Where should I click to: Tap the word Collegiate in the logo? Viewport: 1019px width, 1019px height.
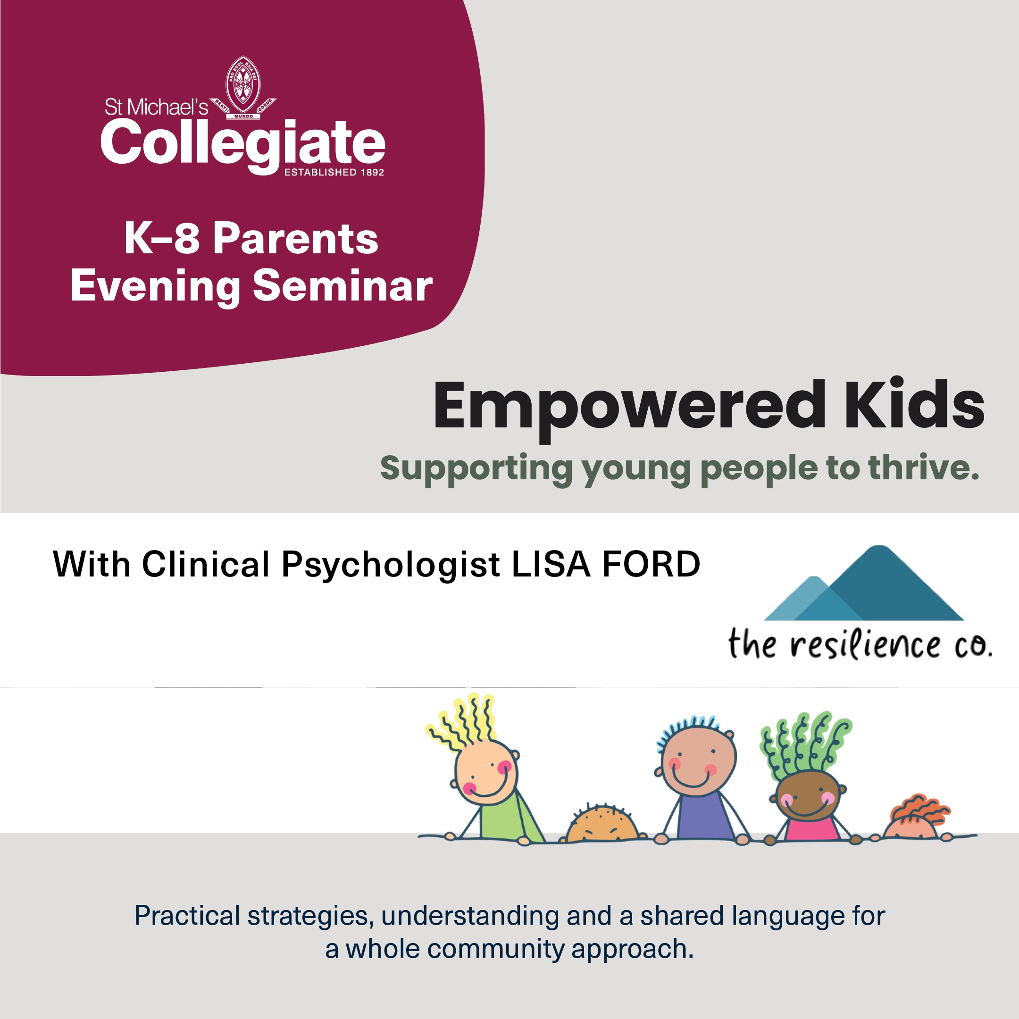pyautogui.click(x=242, y=144)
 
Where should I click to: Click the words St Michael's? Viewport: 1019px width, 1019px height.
pyautogui.click(x=156, y=108)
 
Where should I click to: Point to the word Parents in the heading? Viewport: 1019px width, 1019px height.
pyautogui.click(x=295, y=239)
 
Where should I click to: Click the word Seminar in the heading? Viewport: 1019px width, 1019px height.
pyautogui.click(x=343, y=286)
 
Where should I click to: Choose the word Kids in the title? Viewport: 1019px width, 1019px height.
pyautogui.click(x=915, y=403)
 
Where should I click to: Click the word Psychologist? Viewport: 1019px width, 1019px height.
pyautogui.click(x=390, y=566)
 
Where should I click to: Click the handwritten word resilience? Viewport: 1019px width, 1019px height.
pyautogui.click(x=865, y=644)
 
